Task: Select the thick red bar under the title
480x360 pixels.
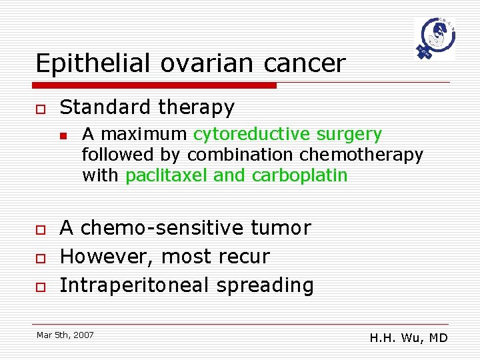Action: click(156, 85)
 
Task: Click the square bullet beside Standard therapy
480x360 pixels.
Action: click(41, 108)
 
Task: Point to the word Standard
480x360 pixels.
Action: click(102, 107)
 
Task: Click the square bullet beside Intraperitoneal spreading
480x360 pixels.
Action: click(41, 286)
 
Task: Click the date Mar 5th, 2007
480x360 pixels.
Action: click(65, 334)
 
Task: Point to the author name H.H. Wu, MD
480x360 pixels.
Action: click(409, 338)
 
